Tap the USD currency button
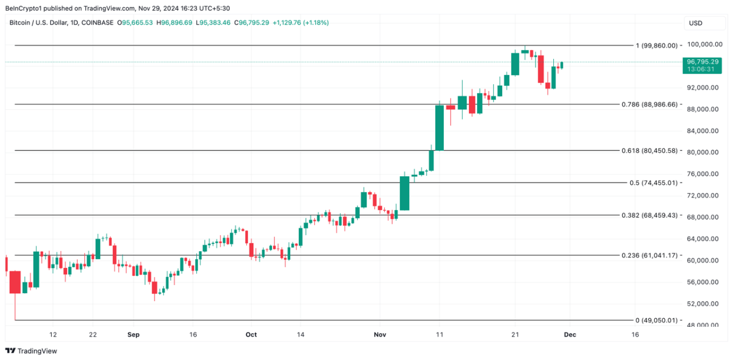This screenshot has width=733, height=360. [696, 23]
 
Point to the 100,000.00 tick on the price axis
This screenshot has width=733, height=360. [703, 45]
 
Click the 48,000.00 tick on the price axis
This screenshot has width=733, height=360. [704, 325]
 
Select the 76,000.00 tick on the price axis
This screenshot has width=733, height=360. [704, 174]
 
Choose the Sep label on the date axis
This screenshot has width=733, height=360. [133, 334]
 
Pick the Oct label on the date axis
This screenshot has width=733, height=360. [251, 334]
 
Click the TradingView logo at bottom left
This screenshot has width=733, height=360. [31, 351]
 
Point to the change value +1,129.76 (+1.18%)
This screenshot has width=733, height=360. [300, 23]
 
